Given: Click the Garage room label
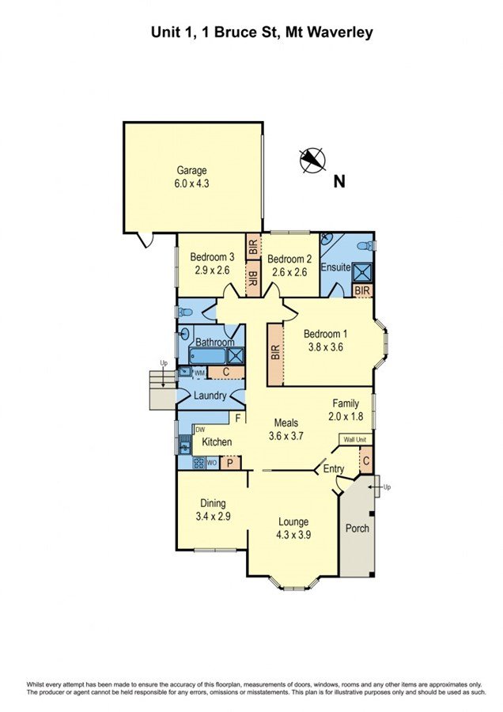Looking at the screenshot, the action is point(191,171).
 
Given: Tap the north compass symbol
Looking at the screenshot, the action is point(312,161).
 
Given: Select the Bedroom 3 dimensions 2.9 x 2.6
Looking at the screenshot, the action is point(213,271).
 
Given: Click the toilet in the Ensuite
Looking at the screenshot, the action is point(365,246).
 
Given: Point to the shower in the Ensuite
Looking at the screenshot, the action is point(363,272).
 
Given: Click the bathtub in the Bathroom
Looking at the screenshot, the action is point(207,356).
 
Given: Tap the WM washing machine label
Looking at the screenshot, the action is point(200,373).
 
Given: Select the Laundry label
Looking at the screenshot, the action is point(210,396).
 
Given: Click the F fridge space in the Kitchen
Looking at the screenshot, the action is point(237,417).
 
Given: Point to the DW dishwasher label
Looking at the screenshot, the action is point(200,429).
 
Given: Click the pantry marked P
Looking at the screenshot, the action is point(230,463).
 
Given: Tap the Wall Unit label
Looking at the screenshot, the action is point(355,440).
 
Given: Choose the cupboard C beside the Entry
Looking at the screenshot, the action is point(366,460).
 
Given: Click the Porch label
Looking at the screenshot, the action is point(357,528).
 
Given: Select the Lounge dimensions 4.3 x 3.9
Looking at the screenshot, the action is point(293,535).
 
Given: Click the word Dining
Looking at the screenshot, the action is point(213,503).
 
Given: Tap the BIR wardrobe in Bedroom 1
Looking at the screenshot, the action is point(275,354).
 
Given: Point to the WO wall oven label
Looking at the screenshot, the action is point(212,463).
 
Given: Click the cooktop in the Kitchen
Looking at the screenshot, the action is point(199,463).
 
